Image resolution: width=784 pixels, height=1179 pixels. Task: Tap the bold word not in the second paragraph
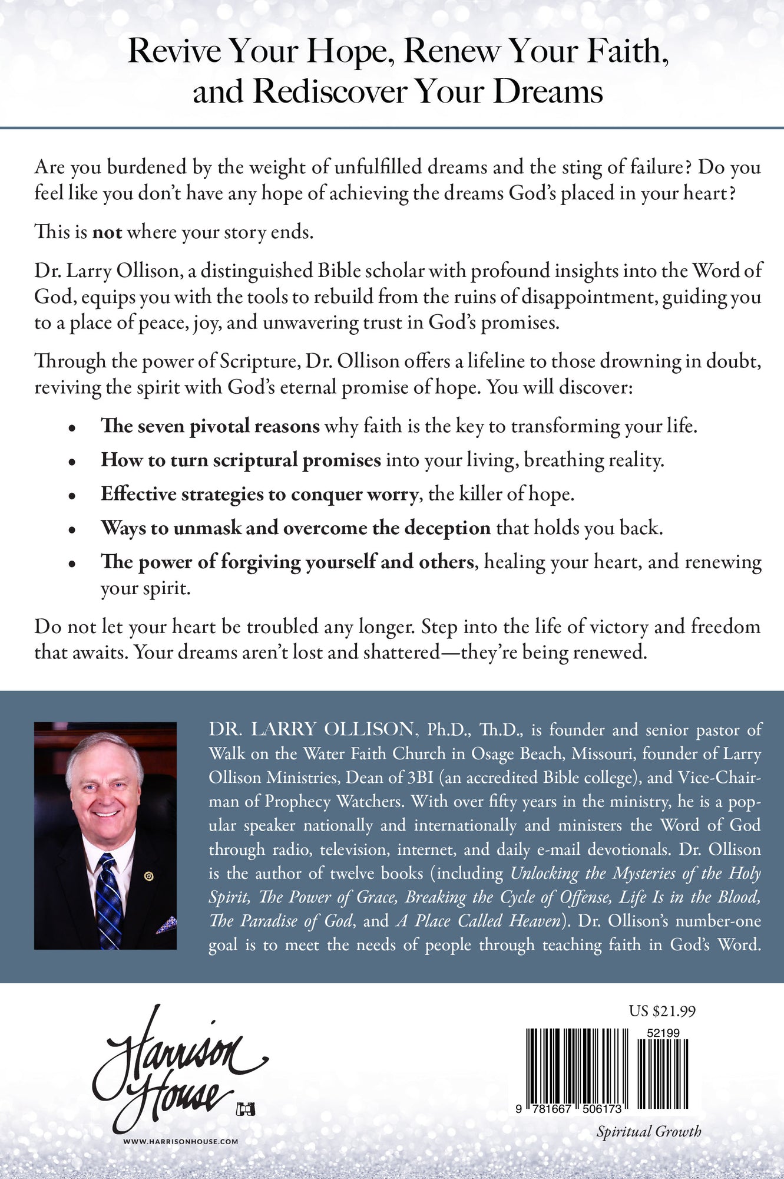tap(107, 232)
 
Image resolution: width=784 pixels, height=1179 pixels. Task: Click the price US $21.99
tap(662, 1011)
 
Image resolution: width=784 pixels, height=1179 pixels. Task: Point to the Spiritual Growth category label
tap(649, 1131)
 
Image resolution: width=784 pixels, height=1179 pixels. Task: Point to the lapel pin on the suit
tap(148, 876)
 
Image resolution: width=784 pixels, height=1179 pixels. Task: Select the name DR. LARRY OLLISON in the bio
tap(311, 730)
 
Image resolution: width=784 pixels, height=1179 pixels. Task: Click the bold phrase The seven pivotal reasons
tap(210, 426)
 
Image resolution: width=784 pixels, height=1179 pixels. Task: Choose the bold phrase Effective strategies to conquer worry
tap(259, 494)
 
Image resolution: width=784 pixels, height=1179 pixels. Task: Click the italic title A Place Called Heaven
tap(478, 921)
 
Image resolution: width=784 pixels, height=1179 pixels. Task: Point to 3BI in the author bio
tap(421, 778)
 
